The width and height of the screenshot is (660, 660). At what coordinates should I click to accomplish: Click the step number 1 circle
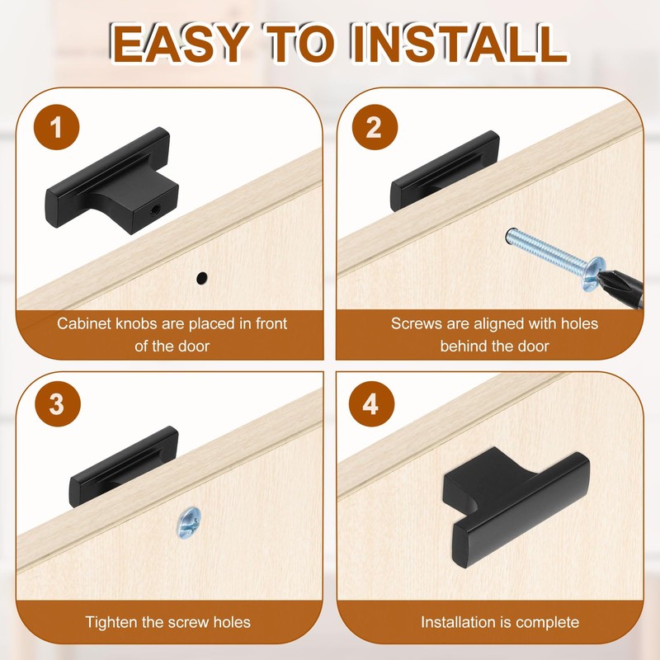tap(56, 127)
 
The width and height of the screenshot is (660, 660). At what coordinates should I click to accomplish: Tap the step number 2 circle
tap(375, 127)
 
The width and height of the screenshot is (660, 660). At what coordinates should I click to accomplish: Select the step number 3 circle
tap(58, 403)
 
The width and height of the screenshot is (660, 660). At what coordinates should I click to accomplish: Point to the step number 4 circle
tap(371, 403)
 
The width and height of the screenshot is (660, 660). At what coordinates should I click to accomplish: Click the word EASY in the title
tap(180, 44)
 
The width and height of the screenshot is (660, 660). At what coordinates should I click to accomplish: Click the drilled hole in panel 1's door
tap(202, 278)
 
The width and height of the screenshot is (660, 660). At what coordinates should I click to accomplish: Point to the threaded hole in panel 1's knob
tap(155, 208)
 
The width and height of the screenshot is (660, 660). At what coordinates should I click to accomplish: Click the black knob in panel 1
tap(111, 181)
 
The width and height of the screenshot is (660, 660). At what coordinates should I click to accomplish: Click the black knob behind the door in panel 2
tap(445, 171)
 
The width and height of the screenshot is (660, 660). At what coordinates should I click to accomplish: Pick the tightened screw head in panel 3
tap(189, 522)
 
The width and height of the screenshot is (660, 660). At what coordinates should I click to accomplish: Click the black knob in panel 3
tap(123, 466)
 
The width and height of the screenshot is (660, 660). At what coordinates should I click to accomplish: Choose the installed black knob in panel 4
tap(516, 507)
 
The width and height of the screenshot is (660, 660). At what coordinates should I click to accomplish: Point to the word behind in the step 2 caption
tap(463, 346)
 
